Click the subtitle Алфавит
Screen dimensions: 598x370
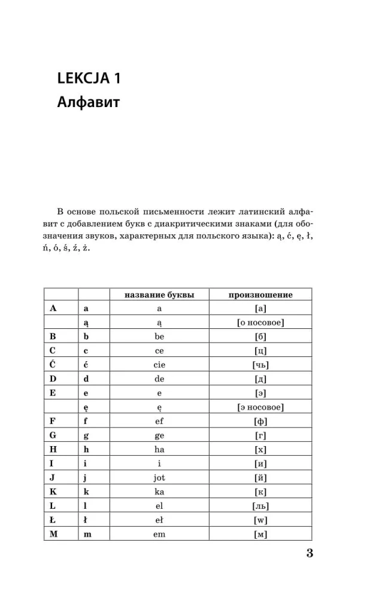coord(89,102)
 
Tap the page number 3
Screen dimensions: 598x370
coord(310,553)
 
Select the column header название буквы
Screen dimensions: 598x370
coord(159,295)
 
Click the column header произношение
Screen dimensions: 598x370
coord(260,295)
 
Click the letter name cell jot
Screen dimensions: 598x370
coord(159,477)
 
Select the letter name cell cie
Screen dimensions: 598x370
coord(159,365)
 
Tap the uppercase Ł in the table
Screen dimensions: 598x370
coord(53,520)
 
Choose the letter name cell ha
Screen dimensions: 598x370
coord(159,449)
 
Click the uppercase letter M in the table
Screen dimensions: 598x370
coord(53,533)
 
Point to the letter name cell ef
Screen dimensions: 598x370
coord(159,421)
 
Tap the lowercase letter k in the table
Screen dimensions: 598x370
coord(86,492)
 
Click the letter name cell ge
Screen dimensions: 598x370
coord(159,435)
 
